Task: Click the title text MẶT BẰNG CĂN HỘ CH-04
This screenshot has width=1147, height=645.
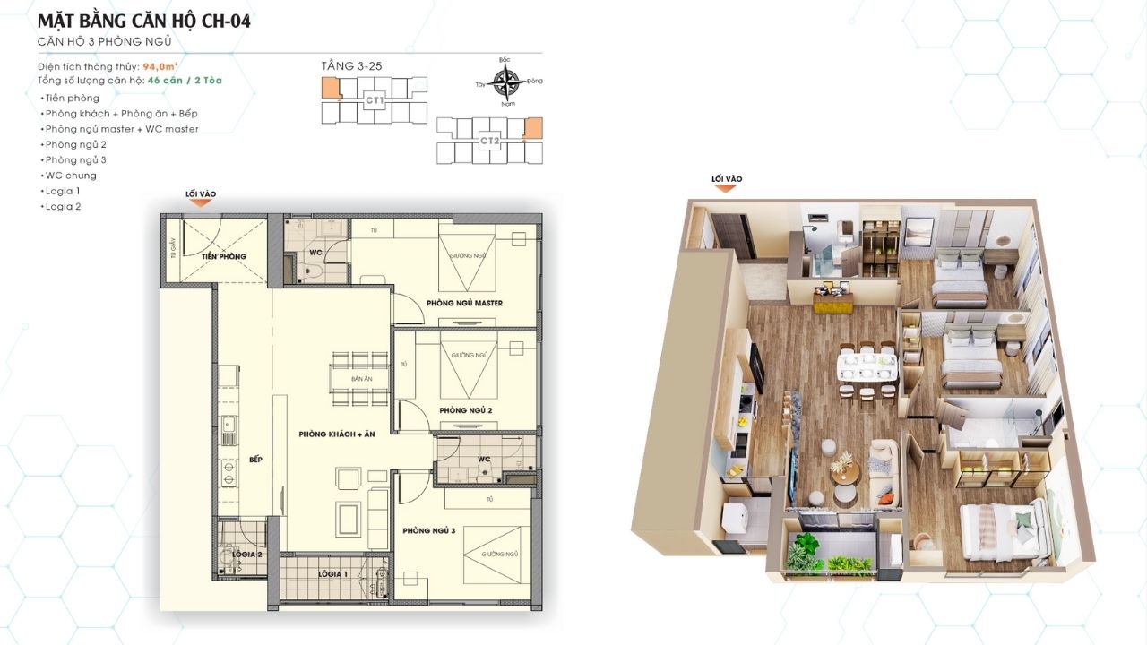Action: coord(144,21)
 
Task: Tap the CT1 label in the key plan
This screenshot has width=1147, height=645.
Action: coord(375,101)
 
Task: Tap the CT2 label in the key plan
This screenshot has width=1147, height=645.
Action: coord(488,141)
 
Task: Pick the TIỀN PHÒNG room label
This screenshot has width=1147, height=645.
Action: coord(223,257)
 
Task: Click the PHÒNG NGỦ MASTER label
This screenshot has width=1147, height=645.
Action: coord(464,303)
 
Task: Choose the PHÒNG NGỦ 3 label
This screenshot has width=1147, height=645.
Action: coord(429,531)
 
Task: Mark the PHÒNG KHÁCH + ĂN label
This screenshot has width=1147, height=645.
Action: coord(336,434)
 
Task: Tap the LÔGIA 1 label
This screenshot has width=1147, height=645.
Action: coord(332,573)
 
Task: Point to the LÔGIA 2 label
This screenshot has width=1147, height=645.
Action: coord(248,555)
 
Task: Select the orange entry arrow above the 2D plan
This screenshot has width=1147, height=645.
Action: coord(201,204)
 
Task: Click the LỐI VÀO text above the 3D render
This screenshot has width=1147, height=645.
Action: coord(727,179)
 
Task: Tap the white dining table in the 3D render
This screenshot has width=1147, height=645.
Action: coord(867,365)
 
